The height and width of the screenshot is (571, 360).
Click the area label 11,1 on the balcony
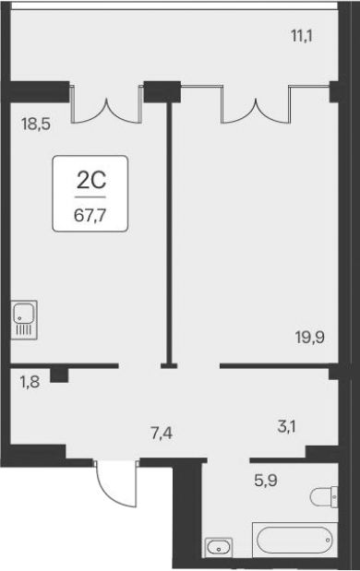point(301,37)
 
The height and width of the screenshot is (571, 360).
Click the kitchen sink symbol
point(24,319)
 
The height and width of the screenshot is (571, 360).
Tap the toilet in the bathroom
point(324,497)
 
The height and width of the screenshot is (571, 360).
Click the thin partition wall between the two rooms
point(169,231)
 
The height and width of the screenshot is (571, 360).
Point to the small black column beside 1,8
point(60,374)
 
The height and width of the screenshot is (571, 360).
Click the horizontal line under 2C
point(90,196)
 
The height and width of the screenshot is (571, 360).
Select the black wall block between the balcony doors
point(162,91)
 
